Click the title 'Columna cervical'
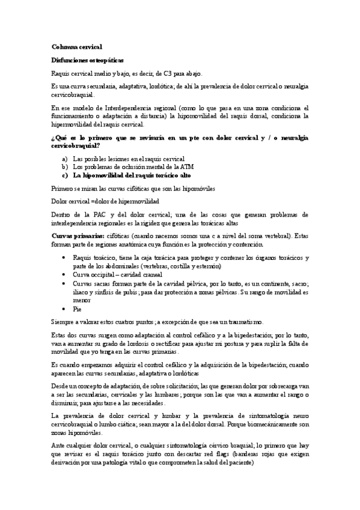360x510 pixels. coord(78,46)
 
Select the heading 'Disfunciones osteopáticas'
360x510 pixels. coord(87,61)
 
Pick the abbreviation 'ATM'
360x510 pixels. coord(203,167)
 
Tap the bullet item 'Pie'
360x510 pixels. coord(77,309)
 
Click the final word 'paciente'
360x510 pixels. coord(240,464)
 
